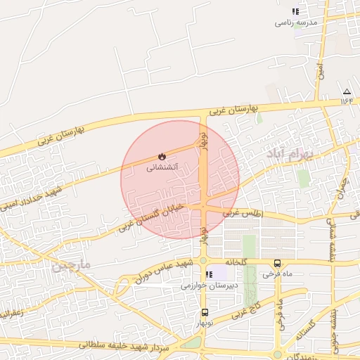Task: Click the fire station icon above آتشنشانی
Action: click(162, 157)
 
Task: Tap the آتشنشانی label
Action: click(162, 168)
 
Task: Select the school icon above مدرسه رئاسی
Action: click(296, 12)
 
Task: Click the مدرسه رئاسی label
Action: click(296, 22)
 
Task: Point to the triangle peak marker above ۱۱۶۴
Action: click(347, 92)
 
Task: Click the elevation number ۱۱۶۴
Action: click(347, 101)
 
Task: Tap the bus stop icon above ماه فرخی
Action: click(278, 264)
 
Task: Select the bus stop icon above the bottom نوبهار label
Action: click(205, 311)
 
